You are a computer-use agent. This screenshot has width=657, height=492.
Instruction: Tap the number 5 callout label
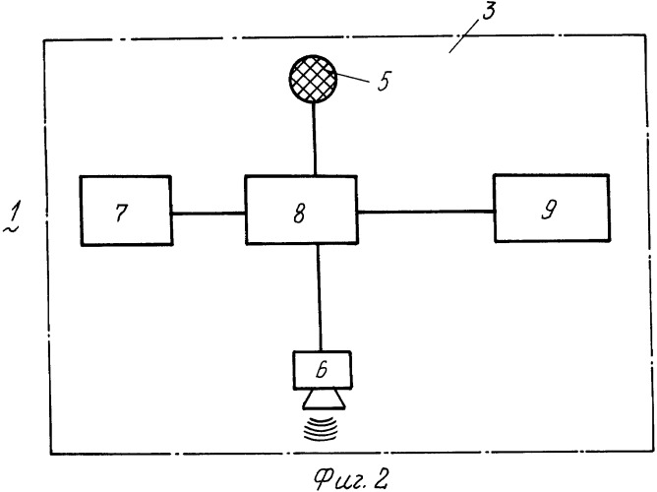coord(381,82)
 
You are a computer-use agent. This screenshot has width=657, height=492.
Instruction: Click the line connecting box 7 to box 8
coord(209,212)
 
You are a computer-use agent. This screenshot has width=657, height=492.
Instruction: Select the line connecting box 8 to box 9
coord(425,210)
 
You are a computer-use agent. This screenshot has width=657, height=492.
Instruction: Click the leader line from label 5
coord(353,78)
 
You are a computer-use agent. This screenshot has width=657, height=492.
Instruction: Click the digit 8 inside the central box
coord(301,211)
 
